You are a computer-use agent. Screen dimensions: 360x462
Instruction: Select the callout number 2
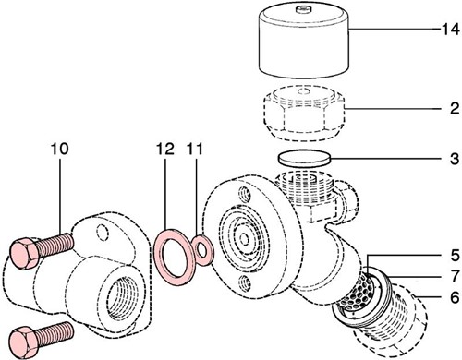(449, 109)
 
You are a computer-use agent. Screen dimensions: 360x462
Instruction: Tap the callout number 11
(194, 148)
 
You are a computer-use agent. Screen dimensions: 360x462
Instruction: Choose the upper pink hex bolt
(43, 248)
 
